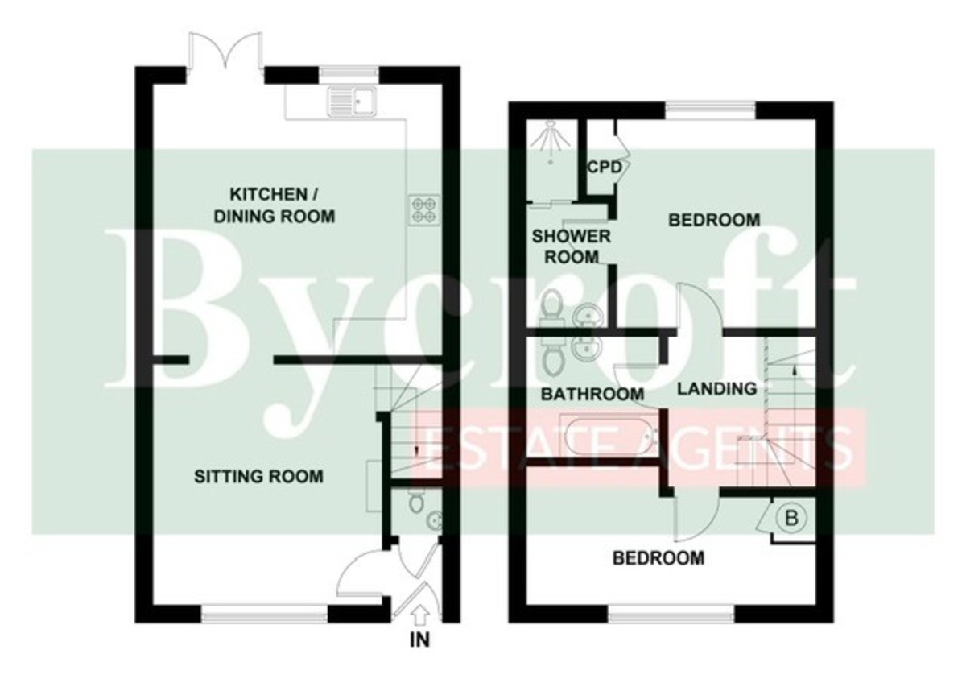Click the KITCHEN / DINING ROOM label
point(275,205)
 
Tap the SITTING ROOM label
point(258,476)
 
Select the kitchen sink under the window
point(352,101)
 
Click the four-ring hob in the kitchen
point(423,210)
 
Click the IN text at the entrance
point(419,640)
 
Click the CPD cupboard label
point(605,167)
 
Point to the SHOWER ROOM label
point(571,246)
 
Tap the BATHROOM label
point(592,394)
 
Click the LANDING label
point(716,389)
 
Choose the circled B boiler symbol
point(791,518)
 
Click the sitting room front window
point(265,614)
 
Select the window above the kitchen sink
point(349,73)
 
